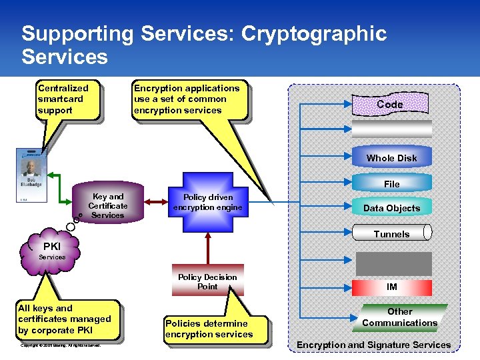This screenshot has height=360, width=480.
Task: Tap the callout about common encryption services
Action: click(187, 99)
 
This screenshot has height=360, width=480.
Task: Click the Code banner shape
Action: click(390, 104)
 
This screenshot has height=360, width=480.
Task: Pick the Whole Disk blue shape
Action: click(391, 157)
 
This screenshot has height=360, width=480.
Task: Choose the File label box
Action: click(391, 183)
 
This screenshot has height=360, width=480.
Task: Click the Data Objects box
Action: click(391, 208)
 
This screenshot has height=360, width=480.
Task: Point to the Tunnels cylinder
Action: click(392, 233)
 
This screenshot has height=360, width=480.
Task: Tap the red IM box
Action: click(392, 287)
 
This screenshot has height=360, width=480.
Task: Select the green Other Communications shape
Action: click(399, 317)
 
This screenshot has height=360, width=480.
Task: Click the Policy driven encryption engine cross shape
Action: click(208, 202)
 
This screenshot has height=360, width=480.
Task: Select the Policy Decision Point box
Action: click(207, 282)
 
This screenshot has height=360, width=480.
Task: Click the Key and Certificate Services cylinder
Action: click(107, 205)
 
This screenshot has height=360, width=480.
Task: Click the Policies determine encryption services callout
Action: click(209, 329)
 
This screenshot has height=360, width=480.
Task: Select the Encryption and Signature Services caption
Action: click(373, 345)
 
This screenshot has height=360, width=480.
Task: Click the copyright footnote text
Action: click(61, 345)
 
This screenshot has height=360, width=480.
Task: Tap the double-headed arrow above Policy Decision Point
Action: click(208, 251)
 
